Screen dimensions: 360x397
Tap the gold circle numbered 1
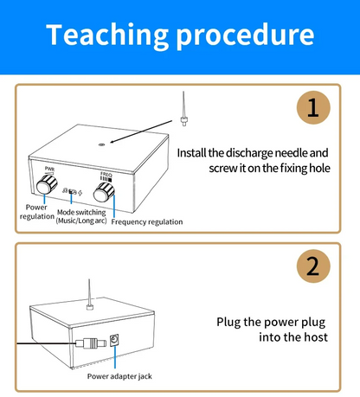point(313,107)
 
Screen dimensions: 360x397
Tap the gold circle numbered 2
point(313,266)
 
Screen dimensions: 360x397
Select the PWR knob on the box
point(47,184)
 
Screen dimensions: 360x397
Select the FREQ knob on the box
point(104,192)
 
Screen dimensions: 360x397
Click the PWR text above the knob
point(49,169)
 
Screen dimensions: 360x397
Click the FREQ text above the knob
point(106,174)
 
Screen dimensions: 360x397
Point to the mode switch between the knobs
point(73,192)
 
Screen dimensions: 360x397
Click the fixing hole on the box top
point(101,144)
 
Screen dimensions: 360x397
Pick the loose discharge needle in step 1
point(183,109)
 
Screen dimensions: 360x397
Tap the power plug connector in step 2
point(91,343)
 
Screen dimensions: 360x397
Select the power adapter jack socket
point(115,341)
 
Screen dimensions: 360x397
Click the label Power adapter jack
point(119,376)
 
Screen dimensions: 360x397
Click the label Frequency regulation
point(147,222)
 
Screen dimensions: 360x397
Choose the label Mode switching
point(81,213)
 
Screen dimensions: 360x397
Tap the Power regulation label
point(36,212)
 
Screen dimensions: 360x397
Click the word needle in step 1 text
point(292,153)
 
